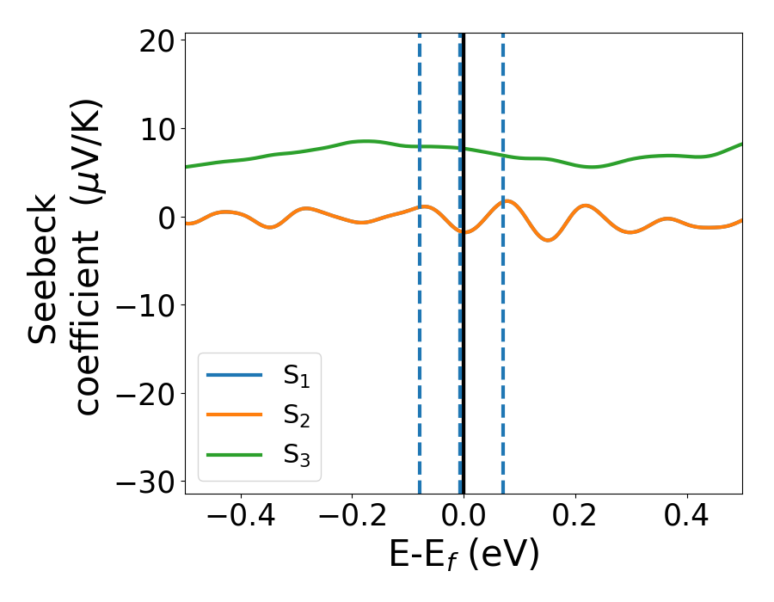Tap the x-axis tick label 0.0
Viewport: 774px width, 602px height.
coord(464,519)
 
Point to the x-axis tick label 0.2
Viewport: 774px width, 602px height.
coord(575,519)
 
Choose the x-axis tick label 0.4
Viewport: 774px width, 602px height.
coord(687,519)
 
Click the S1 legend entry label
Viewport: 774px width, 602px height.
coord(297,377)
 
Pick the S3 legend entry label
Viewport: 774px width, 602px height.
coord(297,456)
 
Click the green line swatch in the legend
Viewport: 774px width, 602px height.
coord(234,454)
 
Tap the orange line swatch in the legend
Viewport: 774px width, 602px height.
coord(234,415)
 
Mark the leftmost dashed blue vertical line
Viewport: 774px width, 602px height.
coord(420,344)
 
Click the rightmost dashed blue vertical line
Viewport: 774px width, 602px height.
coord(502,344)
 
